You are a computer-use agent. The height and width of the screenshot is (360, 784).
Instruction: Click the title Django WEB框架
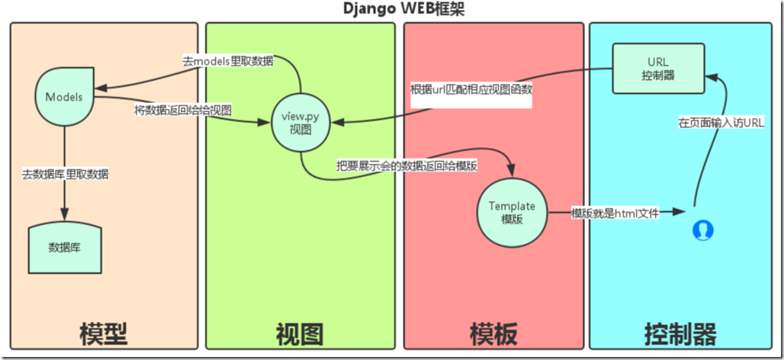(391, 9)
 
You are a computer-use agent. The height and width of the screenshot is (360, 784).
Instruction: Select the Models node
(64, 97)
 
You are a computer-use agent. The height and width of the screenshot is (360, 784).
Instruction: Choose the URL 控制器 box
(658, 68)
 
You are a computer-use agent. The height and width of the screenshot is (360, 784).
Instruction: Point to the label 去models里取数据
(227, 62)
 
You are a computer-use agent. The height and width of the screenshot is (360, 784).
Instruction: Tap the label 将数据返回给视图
(183, 110)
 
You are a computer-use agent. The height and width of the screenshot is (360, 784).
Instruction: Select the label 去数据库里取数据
(65, 174)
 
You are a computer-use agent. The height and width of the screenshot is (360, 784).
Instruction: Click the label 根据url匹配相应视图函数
(471, 89)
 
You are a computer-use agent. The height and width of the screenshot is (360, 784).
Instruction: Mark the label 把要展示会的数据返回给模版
(406, 166)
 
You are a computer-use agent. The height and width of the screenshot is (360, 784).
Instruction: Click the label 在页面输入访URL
(721, 122)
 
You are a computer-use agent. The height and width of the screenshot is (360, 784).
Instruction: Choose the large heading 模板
(493, 334)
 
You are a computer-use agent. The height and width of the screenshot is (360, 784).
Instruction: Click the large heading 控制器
(680, 334)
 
